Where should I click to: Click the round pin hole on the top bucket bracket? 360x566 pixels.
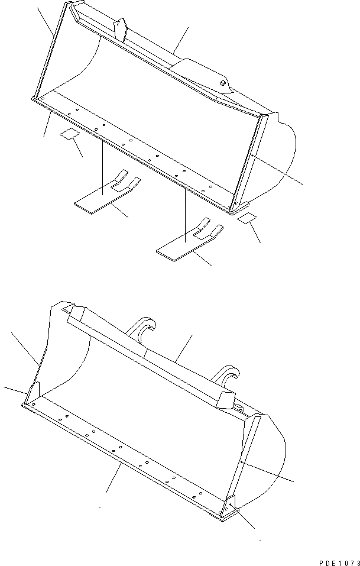(x=223, y=83)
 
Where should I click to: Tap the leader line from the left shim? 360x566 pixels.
(x=77, y=148)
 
